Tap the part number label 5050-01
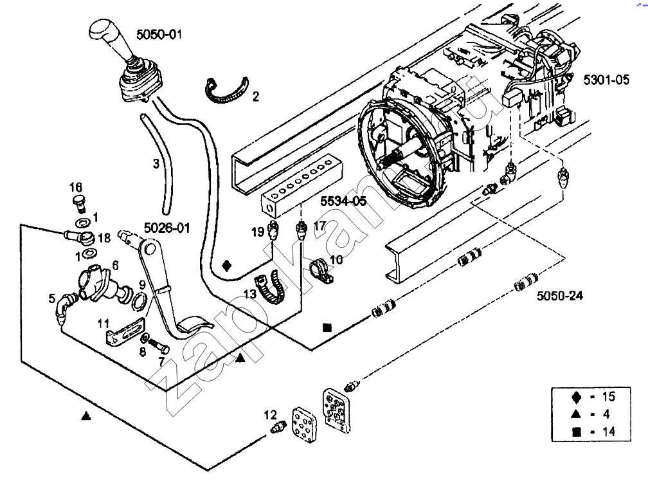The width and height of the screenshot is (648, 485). [159, 34]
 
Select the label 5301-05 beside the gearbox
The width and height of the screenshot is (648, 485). [606, 79]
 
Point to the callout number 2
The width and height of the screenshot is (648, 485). [256, 96]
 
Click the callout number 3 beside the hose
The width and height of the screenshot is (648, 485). [156, 164]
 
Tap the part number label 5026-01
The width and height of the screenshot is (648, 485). [167, 228]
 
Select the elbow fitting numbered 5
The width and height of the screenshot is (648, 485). [65, 307]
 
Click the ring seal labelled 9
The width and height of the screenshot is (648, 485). [139, 301]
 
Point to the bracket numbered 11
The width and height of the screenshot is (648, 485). [125, 331]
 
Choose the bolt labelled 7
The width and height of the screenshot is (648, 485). [159, 345]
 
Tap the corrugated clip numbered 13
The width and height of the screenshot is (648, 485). [271, 286]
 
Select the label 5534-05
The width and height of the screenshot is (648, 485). [344, 201]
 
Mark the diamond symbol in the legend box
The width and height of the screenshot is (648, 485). [577, 397]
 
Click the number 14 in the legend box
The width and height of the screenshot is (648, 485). [609, 432]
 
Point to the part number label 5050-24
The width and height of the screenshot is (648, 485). [560, 296]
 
